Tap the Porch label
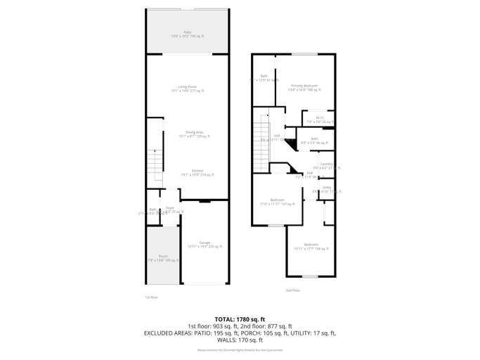click(x=163, y=258)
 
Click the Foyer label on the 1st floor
click(x=170, y=209)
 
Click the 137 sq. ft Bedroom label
click(x=277, y=202)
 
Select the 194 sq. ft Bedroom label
click(x=311, y=246)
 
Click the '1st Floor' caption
click(x=152, y=297)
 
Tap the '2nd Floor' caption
click(x=293, y=290)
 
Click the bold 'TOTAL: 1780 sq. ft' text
click(x=240, y=319)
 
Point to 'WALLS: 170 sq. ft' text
click(x=240, y=340)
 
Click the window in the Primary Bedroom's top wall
click(x=304, y=54)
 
